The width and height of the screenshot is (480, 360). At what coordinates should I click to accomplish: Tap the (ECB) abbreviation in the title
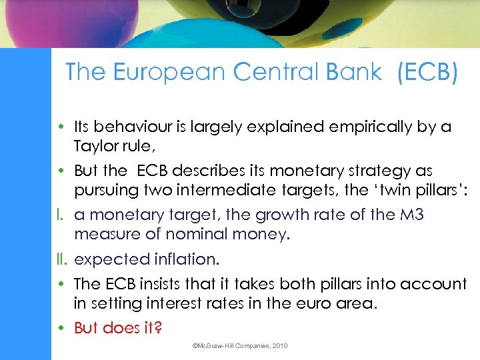[427, 73]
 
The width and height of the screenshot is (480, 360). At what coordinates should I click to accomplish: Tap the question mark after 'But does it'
[159, 327]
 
